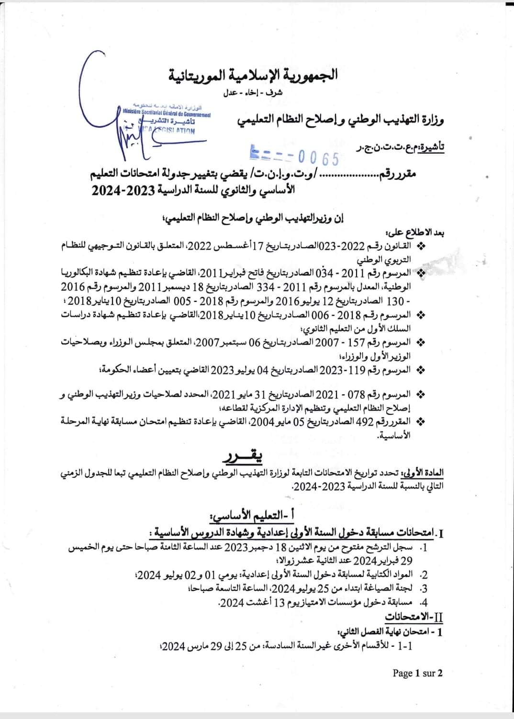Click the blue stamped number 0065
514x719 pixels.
coord(318,158)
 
